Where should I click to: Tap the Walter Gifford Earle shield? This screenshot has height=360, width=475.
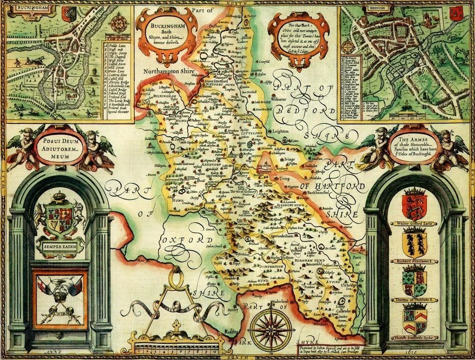pos(414,204)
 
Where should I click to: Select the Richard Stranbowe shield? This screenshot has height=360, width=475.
pos(414,243)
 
